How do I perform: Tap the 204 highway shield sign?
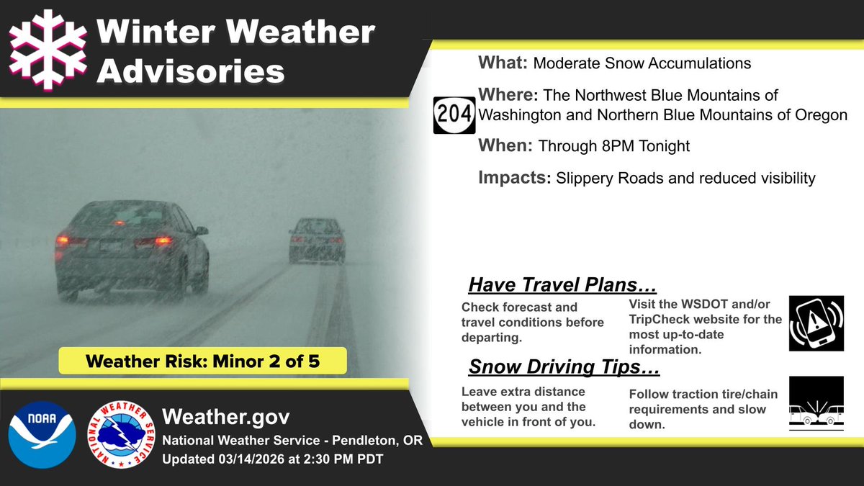pos(454,114)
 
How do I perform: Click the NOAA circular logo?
pos(42,435)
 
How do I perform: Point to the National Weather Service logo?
pos(120,435)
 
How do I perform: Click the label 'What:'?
pos(503,63)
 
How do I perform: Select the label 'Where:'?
pos(509,95)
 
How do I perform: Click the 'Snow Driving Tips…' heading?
pos(564,367)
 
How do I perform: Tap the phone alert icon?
pos(816,323)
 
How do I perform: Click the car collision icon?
pos(816,404)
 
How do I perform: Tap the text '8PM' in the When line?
pos(611,146)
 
